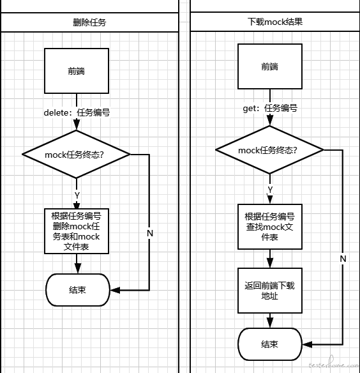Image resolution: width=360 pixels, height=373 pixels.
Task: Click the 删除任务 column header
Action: pyautogui.click(x=89, y=22)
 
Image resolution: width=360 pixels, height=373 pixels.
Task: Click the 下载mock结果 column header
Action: pyautogui.click(x=275, y=22)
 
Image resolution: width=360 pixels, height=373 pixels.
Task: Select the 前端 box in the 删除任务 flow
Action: pyautogui.click(x=77, y=71)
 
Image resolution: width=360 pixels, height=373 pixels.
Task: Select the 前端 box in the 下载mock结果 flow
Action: pyautogui.click(x=270, y=66)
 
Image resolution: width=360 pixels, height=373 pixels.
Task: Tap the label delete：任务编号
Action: pyautogui.click(x=77, y=112)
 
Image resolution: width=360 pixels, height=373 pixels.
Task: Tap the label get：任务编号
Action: pyautogui.click(x=270, y=108)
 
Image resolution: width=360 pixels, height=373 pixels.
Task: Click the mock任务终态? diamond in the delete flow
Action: pyautogui.click(x=76, y=154)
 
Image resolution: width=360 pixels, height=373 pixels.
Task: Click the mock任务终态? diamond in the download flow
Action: pyautogui.click(x=269, y=150)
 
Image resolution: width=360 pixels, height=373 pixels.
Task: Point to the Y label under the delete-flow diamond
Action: pyautogui.click(x=77, y=195)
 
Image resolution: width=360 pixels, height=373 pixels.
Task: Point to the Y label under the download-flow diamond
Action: pyautogui.click(x=270, y=190)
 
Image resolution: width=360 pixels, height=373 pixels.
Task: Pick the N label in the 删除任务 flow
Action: pyautogui.click(x=150, y=233)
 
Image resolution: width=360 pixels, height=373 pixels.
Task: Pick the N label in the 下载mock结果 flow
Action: pyautogui.click(x=343, y=259)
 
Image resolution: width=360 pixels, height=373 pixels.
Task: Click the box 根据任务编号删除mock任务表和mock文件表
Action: pyautogui.click(x=77, y=231)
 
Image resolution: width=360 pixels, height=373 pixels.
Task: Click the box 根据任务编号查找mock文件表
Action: pyautogui.click(x=270, y=227)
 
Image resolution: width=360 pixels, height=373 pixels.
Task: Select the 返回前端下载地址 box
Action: pyautogui.click(x=270, y=291)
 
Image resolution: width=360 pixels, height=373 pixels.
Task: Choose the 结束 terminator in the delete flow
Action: pyautogui.click(x=78, y=290)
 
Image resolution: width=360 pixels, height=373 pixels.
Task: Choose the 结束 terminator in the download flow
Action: pyautogui.click(x=270, y=344)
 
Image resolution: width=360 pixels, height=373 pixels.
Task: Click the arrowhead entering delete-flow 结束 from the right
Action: pyautogui.click(x=115, y=290)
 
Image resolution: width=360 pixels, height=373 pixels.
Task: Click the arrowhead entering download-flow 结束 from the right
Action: pyautogui.click(x=307, y=344)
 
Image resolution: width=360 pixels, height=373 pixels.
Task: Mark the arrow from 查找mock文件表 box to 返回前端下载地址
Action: pyautogui.click(x=270, y=259)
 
